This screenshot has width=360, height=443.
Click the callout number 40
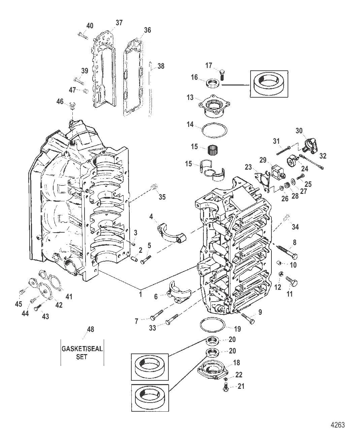coord(90,26)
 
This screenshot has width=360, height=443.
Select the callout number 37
coord(119,23)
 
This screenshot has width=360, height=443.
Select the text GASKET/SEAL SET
coord(82,352)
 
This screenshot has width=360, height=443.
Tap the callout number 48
coord(91,329)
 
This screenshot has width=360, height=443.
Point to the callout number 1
coord(140,294)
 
